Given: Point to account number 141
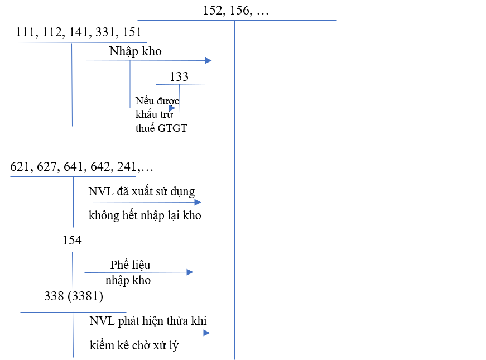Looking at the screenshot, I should point(78,32).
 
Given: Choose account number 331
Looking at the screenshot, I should point(105,32).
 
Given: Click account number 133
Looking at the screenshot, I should point(179,77).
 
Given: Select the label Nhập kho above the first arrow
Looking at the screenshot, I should point(136,51).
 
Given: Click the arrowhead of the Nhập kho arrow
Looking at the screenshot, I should point(209,60).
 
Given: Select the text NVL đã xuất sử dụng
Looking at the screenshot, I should point(142,191).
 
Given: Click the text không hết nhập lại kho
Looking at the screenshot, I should point(145,215).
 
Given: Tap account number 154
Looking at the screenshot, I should point(72,241).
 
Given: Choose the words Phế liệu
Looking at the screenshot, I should point(130,265).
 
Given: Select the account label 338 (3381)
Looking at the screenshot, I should point(74,296).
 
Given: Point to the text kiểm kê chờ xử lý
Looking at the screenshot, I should point(134,345).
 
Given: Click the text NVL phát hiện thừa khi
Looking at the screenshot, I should point(148,321).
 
